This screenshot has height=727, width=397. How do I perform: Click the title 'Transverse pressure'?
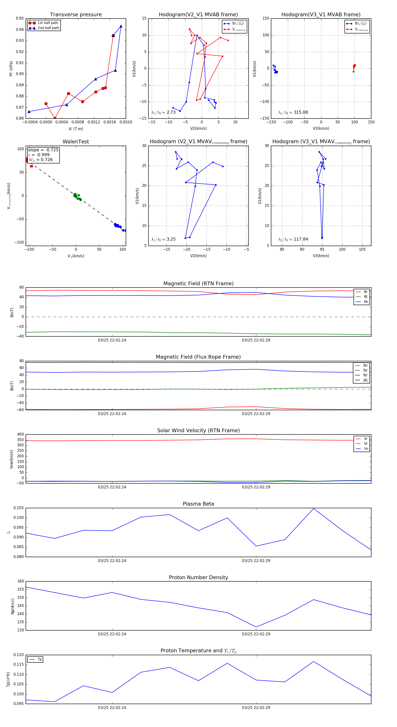tap(76, 15)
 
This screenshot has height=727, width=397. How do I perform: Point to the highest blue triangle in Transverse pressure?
tap(121, 26)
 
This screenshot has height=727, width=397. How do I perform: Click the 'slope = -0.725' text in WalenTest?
tap(43, 150)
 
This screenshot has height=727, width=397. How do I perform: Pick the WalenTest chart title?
tap(76, 142)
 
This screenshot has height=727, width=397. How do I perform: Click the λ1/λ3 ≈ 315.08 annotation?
tap(293, 112)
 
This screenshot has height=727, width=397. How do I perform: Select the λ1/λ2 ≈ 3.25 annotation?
tap(163, 239)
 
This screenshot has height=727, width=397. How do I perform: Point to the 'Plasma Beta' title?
tap(198, 504)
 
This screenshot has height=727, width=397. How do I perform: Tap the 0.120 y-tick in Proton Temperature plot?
tap(19, 655)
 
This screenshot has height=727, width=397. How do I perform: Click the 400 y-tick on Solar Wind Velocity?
tap(20, 434)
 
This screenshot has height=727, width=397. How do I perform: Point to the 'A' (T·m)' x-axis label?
tap(76, 129)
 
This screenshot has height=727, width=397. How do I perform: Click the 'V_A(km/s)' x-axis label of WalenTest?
tap(76, 256)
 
